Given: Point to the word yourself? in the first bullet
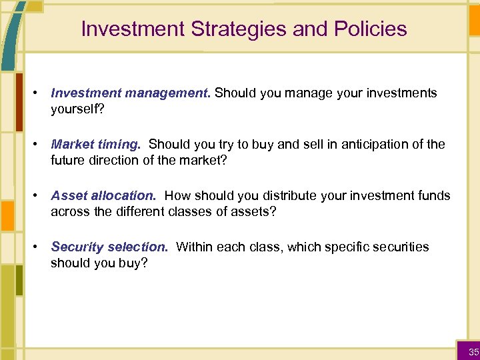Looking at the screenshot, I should [x=76, y=109].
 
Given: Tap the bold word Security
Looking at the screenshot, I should [x=76, y=247].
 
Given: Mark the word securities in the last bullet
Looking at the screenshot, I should [x=400, y=247].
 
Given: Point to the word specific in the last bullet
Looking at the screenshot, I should [x=341, y=247].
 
